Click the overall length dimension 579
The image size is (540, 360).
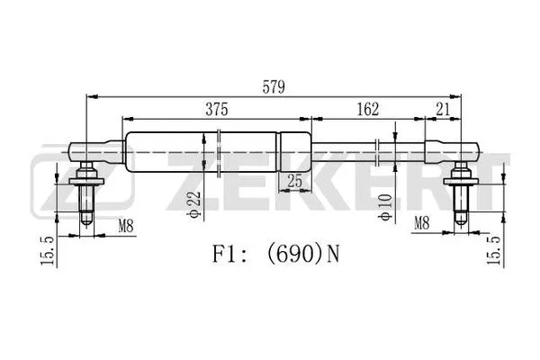pyautogui.click(x=274, y=87)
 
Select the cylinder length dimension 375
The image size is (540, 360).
pyautogui.click(x=214, y=110)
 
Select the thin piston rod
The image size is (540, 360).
pyautogui.click(x=360, y=149)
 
